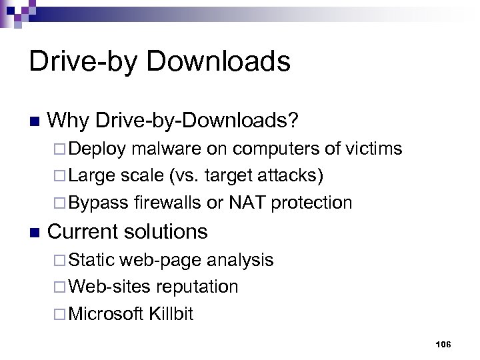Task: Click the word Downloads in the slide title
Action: (x=218, y=62)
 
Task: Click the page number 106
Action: (x=443, y=344)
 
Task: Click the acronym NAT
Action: (x=249, y=202)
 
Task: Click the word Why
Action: (x=69, y=121)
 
